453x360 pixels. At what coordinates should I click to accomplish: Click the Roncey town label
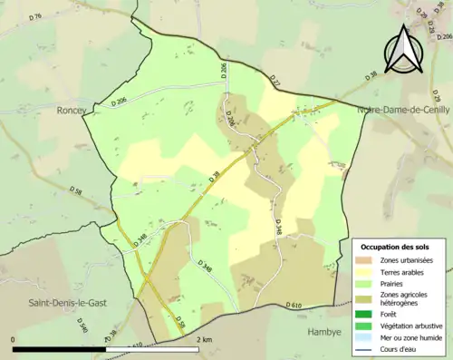(x=71, y=111)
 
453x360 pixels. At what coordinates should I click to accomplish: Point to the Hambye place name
(x=328, y=332)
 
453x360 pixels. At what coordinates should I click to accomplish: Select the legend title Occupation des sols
(x=397, y=247)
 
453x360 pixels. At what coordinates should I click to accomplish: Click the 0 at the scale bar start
(x=14, y=339)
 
